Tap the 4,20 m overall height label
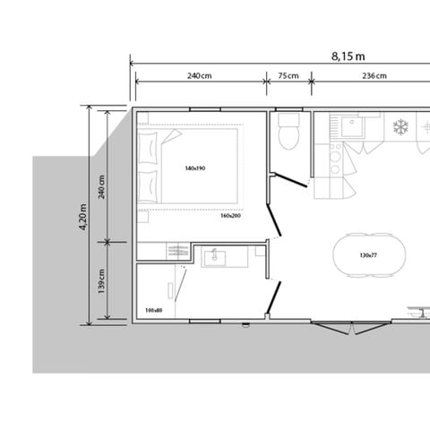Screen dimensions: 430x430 click(x=83, y=215)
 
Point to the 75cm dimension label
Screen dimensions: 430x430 click(x=288, y=76)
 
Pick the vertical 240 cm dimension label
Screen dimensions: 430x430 click(x=102, y=188)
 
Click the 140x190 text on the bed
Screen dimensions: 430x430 click(x=195, y=168)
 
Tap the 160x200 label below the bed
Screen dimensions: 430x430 click(x=230, y=216)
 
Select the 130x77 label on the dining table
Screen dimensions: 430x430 click(x=367, y=255)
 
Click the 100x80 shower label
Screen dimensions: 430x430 click(x=153, y=311)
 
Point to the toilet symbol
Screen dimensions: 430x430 click(x=288, y=134)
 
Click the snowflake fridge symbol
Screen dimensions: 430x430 click(x=402, y=126)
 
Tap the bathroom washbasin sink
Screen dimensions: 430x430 click(x=214, y=259)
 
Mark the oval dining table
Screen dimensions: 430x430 click(x=367, y=255)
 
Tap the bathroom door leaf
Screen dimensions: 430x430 click(x=275, y=297)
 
